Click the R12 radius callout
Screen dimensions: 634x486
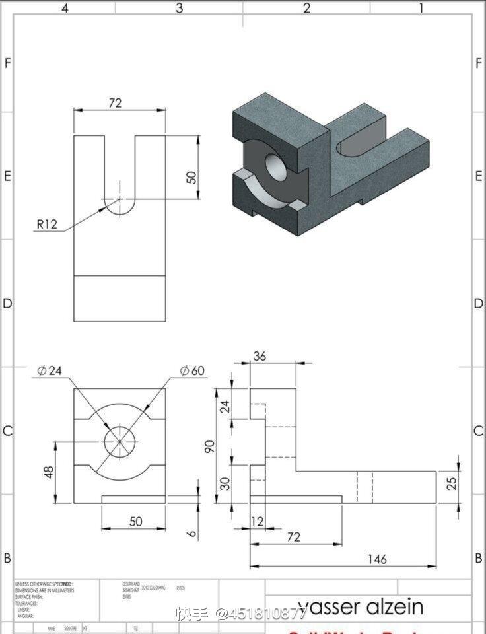click(x=47, y=224)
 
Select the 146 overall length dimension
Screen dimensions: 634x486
click(x=376, y=559)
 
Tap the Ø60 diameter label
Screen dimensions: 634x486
click(x=192, y=370)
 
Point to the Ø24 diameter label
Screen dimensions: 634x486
click(x=50, y=370)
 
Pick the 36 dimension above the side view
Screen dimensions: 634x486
click(x=260, y=356)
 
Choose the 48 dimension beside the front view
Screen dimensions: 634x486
click(x=49, y=472)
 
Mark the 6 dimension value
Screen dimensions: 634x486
click(x=191, y=532)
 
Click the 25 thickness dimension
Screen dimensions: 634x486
click(x=452, y=483)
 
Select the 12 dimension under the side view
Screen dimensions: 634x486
click(x=258, y=522)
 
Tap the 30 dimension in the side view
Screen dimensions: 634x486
click(x=225, y=483)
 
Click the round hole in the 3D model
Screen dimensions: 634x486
click(x=276, y=168)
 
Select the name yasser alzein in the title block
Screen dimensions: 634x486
click(x=360, y=606)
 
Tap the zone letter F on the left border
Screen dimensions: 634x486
click(x=8, y=63)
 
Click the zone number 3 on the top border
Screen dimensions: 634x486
click(x=179, y=8)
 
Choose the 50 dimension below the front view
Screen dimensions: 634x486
click(x=135, y=522)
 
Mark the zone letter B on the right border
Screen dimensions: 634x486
click(x=478, y=558)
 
